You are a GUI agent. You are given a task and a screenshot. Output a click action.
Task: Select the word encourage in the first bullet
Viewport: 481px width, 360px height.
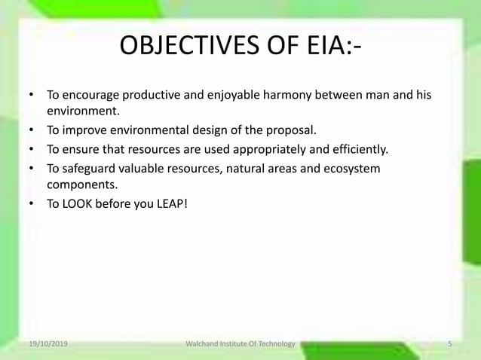click(x=93, y=96)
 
